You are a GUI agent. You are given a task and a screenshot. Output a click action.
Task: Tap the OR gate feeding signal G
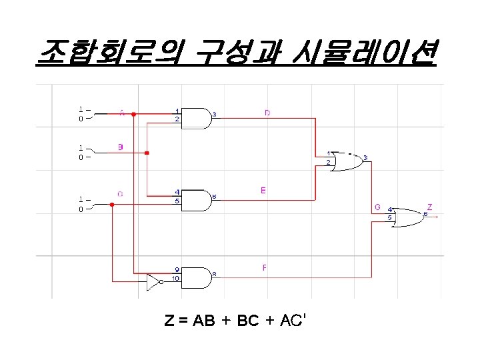346,161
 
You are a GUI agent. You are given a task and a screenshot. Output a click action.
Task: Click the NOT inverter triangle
154,283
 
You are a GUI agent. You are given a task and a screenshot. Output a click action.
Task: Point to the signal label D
267,113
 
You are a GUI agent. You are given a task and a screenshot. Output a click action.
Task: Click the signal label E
263,191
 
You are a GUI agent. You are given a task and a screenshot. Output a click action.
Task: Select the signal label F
265,268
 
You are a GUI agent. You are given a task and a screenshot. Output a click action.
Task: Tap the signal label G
377,207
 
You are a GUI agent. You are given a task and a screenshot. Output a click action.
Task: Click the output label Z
429,207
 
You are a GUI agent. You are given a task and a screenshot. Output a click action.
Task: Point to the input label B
120,147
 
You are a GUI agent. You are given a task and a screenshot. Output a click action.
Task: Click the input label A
121,113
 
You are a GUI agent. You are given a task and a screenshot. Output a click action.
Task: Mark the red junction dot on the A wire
133,115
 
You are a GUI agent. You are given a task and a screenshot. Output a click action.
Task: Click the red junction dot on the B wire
147,153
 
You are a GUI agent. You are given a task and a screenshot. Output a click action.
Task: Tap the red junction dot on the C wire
112,204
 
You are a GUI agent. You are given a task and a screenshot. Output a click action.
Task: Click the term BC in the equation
247,321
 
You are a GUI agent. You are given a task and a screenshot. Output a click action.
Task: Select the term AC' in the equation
292,321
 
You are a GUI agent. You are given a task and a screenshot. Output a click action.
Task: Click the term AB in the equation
203,321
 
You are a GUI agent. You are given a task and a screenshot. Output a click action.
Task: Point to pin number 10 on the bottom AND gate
175,278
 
